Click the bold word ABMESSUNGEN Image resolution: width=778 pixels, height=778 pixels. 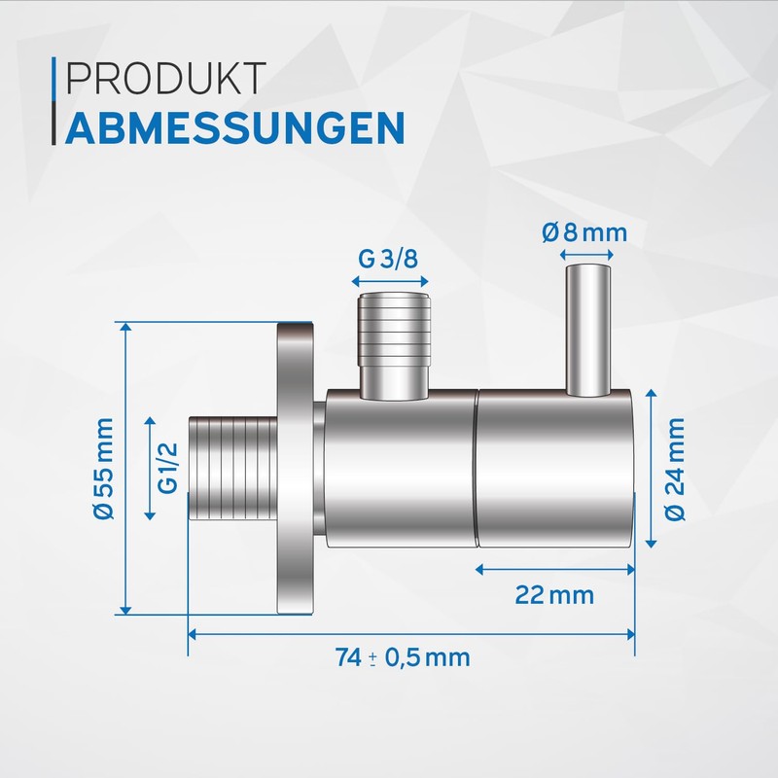(x=234, y=126)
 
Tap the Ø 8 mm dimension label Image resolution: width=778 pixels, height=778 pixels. (x=582, y=233)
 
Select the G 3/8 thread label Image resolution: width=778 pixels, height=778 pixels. (x=389, y=261)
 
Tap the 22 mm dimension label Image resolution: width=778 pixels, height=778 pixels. (x=555, y=594)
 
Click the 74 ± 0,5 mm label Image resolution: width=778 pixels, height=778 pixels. (x=402, y=657)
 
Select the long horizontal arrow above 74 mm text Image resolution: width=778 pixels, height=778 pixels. (x=409, y=634)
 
